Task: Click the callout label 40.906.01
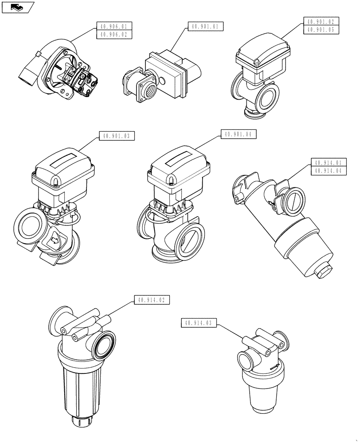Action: [114, 26]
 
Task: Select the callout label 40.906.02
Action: [114, 34]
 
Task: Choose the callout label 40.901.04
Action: [240, 134]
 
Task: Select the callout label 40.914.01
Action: [329, 163]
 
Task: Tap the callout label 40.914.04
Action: [329, 171]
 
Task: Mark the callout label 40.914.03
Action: [199, 323]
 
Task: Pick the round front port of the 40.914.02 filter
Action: [105, 346]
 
